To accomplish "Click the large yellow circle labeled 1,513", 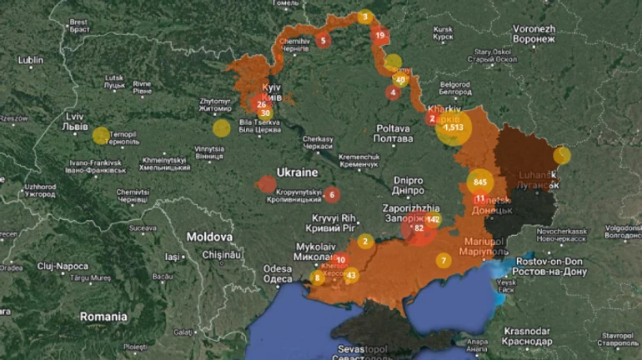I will (454, 127).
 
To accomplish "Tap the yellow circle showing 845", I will (479, 182).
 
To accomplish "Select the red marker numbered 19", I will (380, 35).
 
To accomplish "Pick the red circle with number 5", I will (323, 40).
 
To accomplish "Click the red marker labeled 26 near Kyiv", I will (261, 104).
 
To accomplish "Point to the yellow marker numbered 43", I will (351, 275).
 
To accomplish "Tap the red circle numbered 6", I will (332, 195).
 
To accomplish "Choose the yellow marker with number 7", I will (444, 261).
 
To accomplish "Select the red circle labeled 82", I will (419, 227).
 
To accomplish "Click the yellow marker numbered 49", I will (401, 81).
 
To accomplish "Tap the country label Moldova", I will (208, 237).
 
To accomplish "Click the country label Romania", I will (103, 317).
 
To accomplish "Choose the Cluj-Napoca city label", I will (62, 267).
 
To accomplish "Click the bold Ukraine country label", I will (297, 172).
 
